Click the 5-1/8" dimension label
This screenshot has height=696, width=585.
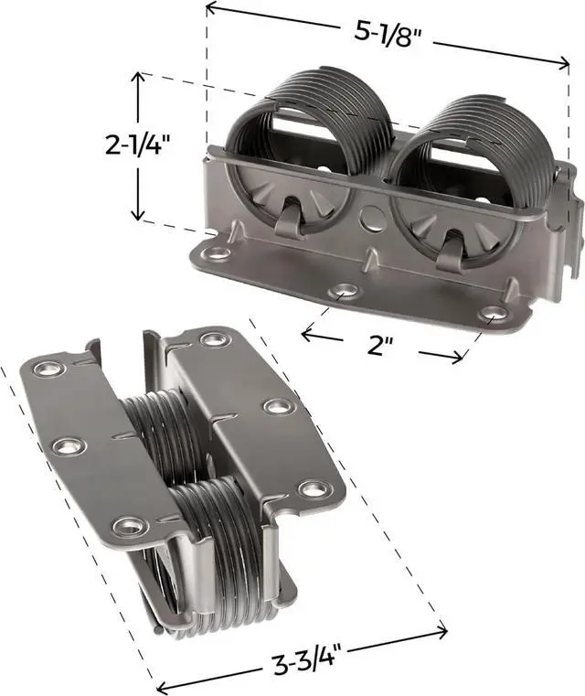coord(388,33)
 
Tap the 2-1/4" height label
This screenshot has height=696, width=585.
coord(137,145)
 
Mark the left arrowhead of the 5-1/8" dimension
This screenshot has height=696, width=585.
coord(212,6)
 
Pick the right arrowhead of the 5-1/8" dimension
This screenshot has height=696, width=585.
coord(563,63)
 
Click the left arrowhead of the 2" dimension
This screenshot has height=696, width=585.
coord(306,334)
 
